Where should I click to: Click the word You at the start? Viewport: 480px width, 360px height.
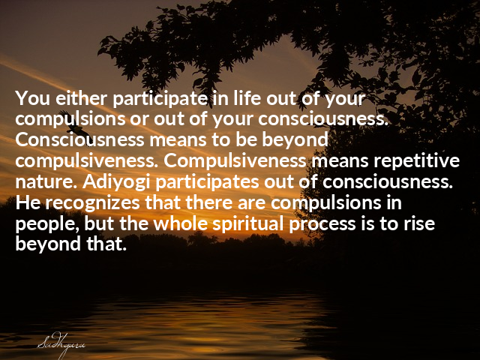click(x=32, y=98)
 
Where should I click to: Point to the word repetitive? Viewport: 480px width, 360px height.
click(x=416, y=160)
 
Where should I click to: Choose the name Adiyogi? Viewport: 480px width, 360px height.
click(x=116, y=182)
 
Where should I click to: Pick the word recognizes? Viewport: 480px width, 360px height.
click(x=92, y=203)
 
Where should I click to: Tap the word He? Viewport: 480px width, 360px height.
click(x=28, y=202)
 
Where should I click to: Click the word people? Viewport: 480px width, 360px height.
click(x=46, y=224)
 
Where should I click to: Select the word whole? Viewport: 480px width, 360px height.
click(x=180, y=223)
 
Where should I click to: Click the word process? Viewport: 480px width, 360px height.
click(x=322, y=224)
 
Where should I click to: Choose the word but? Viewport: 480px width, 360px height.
click(x=99, y=223)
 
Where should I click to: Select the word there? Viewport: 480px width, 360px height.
click(x=208, y=202)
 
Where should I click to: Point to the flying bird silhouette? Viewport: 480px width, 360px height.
click(x=71, y=121)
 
